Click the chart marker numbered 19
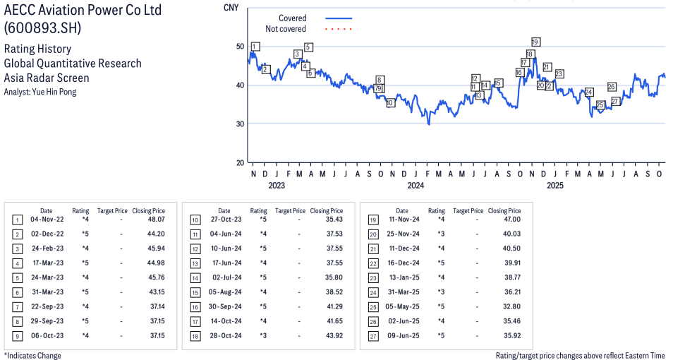535,42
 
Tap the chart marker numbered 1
255,47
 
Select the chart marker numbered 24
588,92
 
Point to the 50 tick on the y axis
240,47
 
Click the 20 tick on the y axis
240,162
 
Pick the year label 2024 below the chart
415,186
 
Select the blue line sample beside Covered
339,18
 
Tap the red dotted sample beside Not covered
339,29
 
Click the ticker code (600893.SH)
42,28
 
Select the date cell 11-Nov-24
401,220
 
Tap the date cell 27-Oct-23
224,220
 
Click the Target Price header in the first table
112,210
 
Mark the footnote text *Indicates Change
32,355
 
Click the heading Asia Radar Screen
47,78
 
